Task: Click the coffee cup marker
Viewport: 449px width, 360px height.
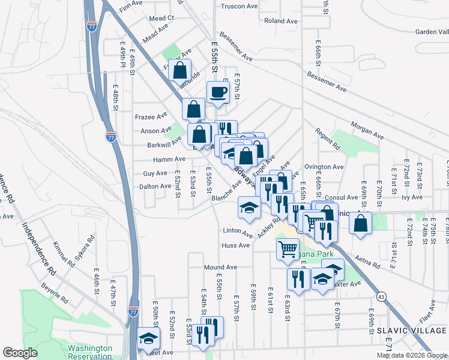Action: (218, 93)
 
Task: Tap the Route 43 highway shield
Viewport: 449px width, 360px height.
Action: (382, 296)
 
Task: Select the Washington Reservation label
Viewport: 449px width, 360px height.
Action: (90, 352)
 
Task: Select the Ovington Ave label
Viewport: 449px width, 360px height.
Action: (324, 167)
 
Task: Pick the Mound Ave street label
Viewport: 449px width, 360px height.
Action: (220, 267)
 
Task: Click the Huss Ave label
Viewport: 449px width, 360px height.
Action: (235, 245)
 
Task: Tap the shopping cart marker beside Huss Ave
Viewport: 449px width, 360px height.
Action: (288, 248)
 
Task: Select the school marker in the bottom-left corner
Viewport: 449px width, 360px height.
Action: (148, 338)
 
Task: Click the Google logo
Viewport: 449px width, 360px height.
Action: (20, 353)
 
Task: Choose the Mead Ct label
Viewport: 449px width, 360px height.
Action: (161, 19)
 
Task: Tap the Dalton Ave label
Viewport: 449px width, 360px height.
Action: (155, 187)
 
